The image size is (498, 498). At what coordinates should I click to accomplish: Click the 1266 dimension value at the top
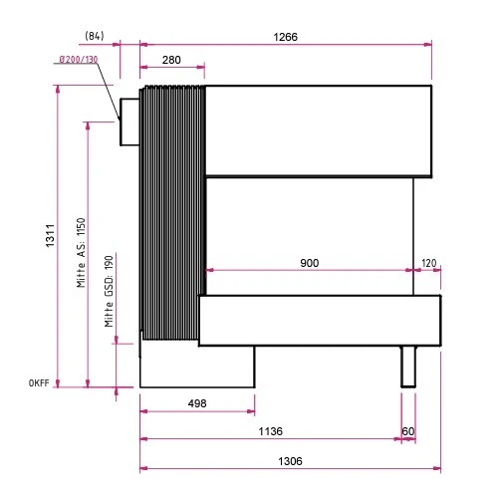285,37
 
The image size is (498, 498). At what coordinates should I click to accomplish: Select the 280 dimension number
171,60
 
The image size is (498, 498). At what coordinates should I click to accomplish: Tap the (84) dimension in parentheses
95,36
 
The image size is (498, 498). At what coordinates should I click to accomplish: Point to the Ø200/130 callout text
79,60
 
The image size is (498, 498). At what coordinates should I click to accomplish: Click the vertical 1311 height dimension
50,235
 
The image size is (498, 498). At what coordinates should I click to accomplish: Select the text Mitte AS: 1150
81,253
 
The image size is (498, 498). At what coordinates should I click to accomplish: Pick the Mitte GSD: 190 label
109,291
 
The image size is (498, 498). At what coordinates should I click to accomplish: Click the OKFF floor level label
39,383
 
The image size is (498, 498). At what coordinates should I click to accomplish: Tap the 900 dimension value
310,263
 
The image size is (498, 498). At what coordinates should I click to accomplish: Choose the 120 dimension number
428,263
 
